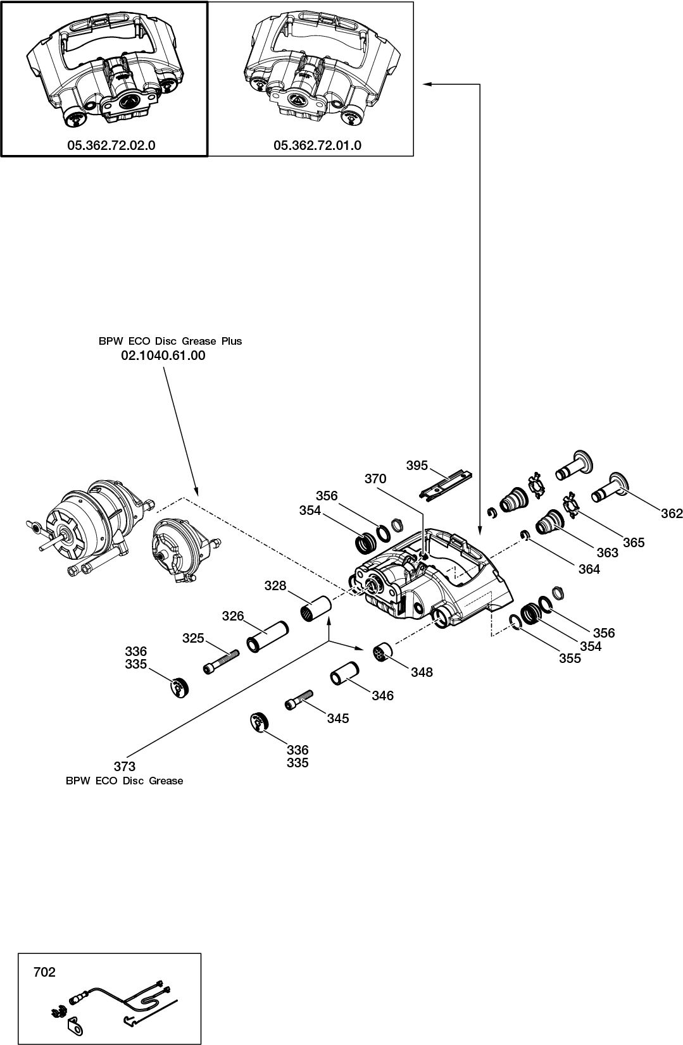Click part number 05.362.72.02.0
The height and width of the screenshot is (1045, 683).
(111, 145)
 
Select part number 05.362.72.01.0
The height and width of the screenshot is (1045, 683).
(317, 145)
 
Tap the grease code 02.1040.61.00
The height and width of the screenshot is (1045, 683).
(163, 356)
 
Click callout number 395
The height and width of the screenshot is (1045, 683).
(417, 466)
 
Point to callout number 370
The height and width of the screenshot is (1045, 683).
(375, 479)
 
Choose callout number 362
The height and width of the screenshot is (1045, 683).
(672, 514)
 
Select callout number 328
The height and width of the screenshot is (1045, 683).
(275, 586)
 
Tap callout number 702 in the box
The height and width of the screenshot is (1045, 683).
(44, 972)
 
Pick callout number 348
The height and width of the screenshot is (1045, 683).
(422, 672)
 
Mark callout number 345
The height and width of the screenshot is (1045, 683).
(337, 719)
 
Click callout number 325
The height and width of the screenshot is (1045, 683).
(193, 638)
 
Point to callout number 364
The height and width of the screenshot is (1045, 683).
(589, 569)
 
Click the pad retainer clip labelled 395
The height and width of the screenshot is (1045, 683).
(450, 484)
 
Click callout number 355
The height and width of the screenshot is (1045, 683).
(569, 659)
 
